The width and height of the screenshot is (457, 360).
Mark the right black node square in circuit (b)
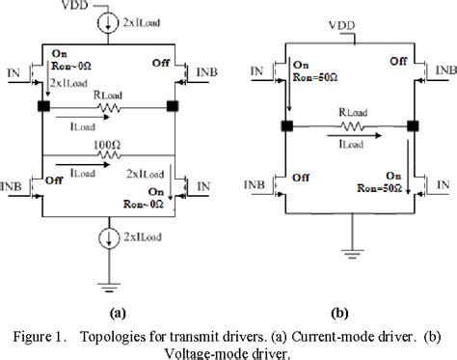coord(414,125)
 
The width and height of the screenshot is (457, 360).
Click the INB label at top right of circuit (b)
coord(444,69)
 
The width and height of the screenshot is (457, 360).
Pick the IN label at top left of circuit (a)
coord(13,69)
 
